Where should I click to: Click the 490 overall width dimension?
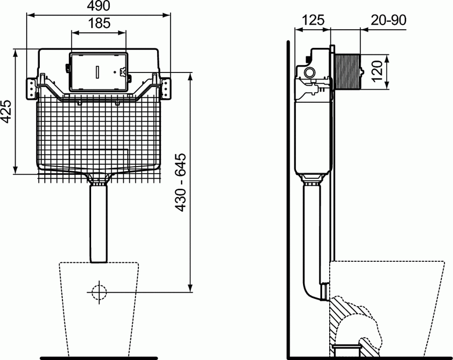(x=99, y=6)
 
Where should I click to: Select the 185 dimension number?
(x=99, y=23)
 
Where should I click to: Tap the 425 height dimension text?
(x=7, y=110)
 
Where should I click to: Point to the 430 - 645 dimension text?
(x=181, y=182)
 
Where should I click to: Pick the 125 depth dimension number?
(x=312, y=20)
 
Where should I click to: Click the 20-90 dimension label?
(x=389, y=20)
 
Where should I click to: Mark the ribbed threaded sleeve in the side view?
(x=348, y=70)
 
